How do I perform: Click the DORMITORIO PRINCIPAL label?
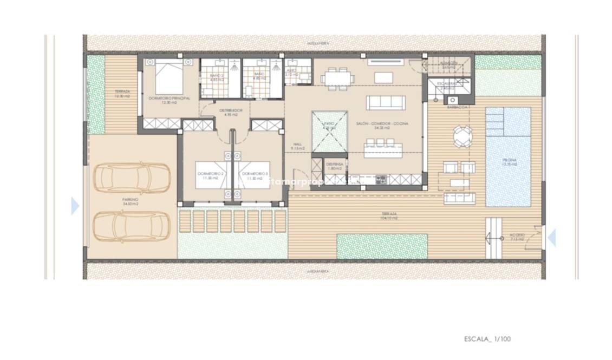[x=170, y=98]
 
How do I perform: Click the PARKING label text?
[x=129, y=200]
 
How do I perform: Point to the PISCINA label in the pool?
[x=508, y=160]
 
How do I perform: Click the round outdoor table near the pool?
[x=462, y=136]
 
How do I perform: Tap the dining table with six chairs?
[x=337, y=78]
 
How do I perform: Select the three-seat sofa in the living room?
[x=386, y=103]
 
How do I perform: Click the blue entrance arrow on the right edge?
[x=551, y=237]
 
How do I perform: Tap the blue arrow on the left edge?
[x=75, y=206]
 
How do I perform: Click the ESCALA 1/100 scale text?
[x=487, y=339]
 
